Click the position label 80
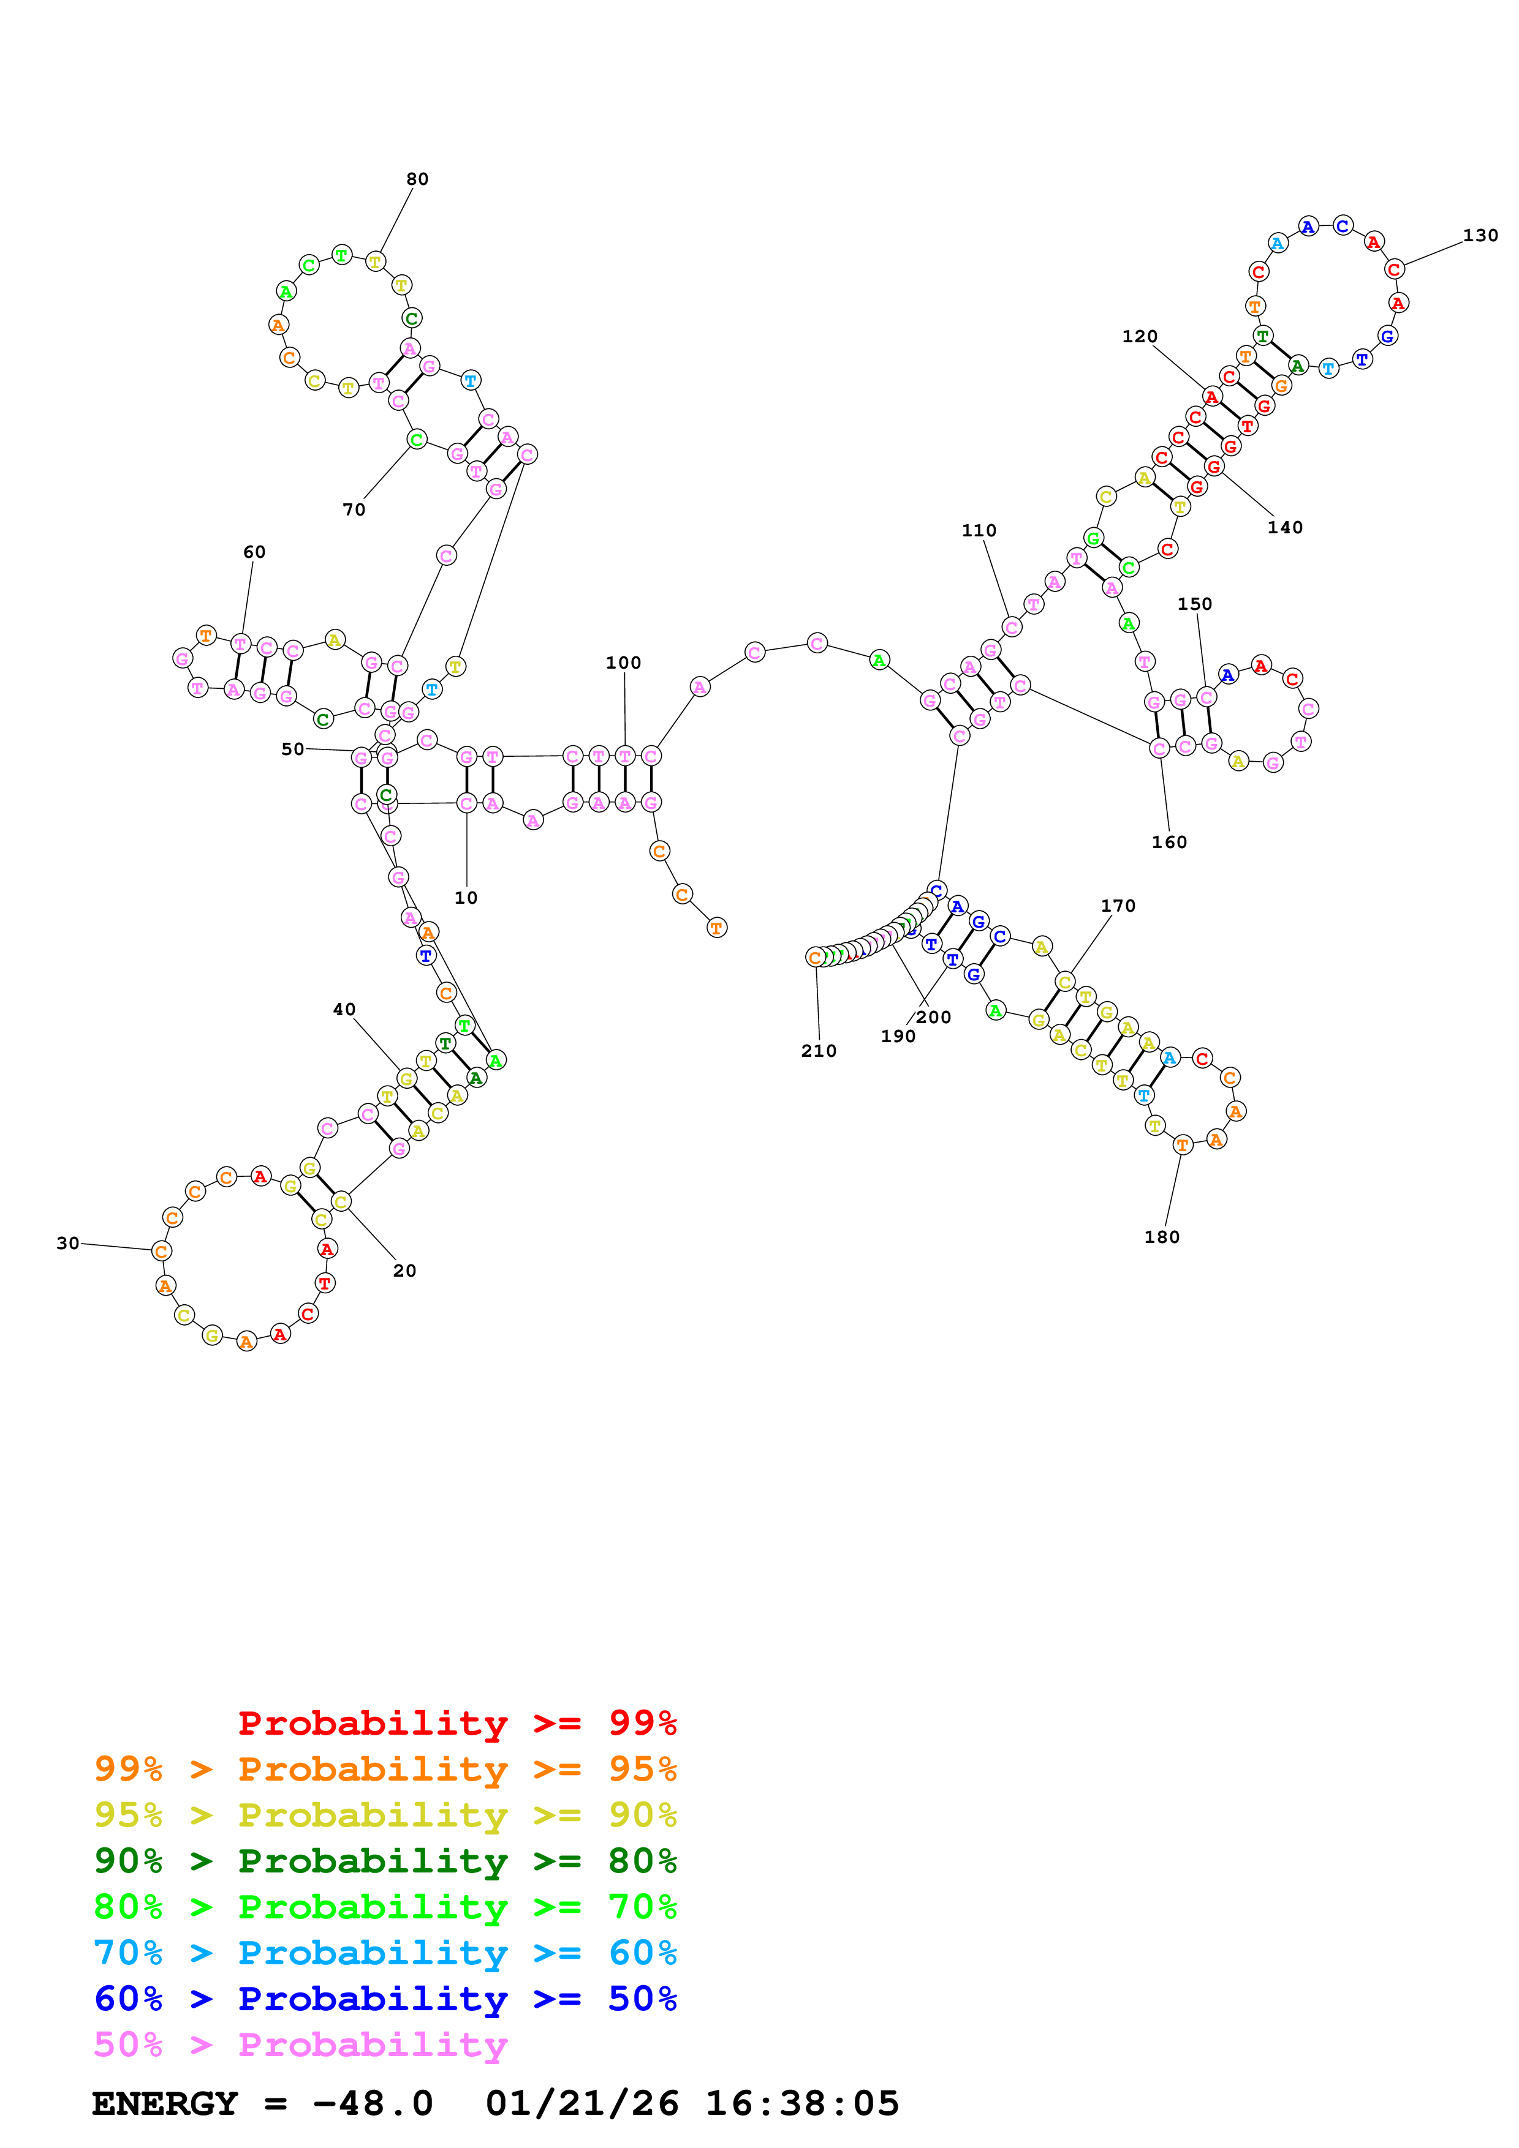tap(417, 179)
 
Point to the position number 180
tap(1162, 1237)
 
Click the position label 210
tap(818, 1051)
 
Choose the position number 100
tap(623, 663)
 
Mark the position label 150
tap(1194, 603)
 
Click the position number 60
tap(254, 552)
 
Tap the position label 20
tap(404, 1271)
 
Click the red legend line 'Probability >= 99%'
tap(456, 1723)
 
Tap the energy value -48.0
tap(373, 2104)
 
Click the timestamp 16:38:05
tap(802, 2104)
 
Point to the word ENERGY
tap(165, 2104)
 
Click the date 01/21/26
tap(582, 2104)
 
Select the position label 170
tap(1118, 906)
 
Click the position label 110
tap(979, 530)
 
